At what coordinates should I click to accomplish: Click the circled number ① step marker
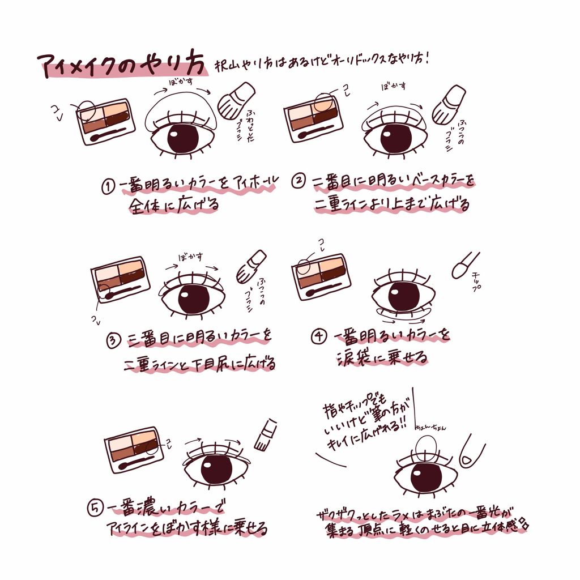click(108, 187)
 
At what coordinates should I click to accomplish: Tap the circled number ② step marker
click(298, 181)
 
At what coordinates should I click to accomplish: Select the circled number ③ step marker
click(114, 340)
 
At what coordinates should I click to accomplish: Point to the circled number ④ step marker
click(319, 336)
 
